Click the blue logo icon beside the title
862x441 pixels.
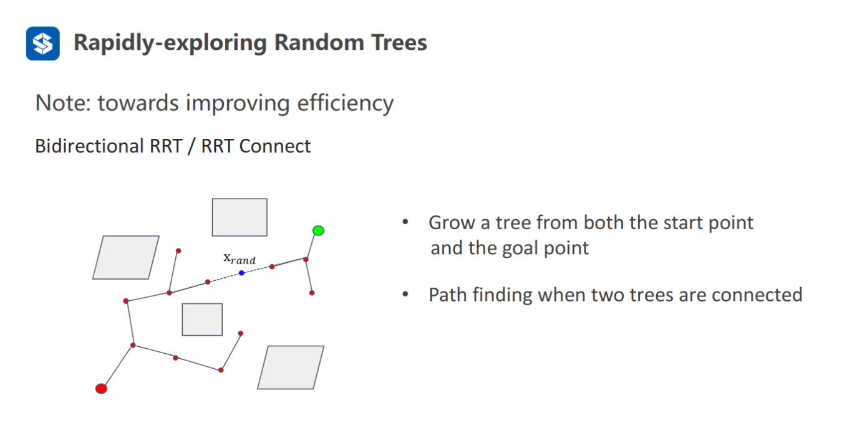[x=42, y=44]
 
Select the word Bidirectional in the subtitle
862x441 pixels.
[x=89, y=146]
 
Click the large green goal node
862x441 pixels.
[x=318, y=230]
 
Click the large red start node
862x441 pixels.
[x=101, y=389]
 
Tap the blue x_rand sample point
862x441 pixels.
[x=241, y=273]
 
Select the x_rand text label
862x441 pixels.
[x=240, y=259]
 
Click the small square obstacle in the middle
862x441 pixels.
[x=202, y=320]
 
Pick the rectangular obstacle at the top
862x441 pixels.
[x=240, y=217]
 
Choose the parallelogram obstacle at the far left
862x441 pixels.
[x=126, y=257]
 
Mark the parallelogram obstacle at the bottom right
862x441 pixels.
[x=291, y=367]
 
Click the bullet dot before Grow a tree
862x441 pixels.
[x=405, y=222]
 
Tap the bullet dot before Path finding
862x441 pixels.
[x=405, y=294]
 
